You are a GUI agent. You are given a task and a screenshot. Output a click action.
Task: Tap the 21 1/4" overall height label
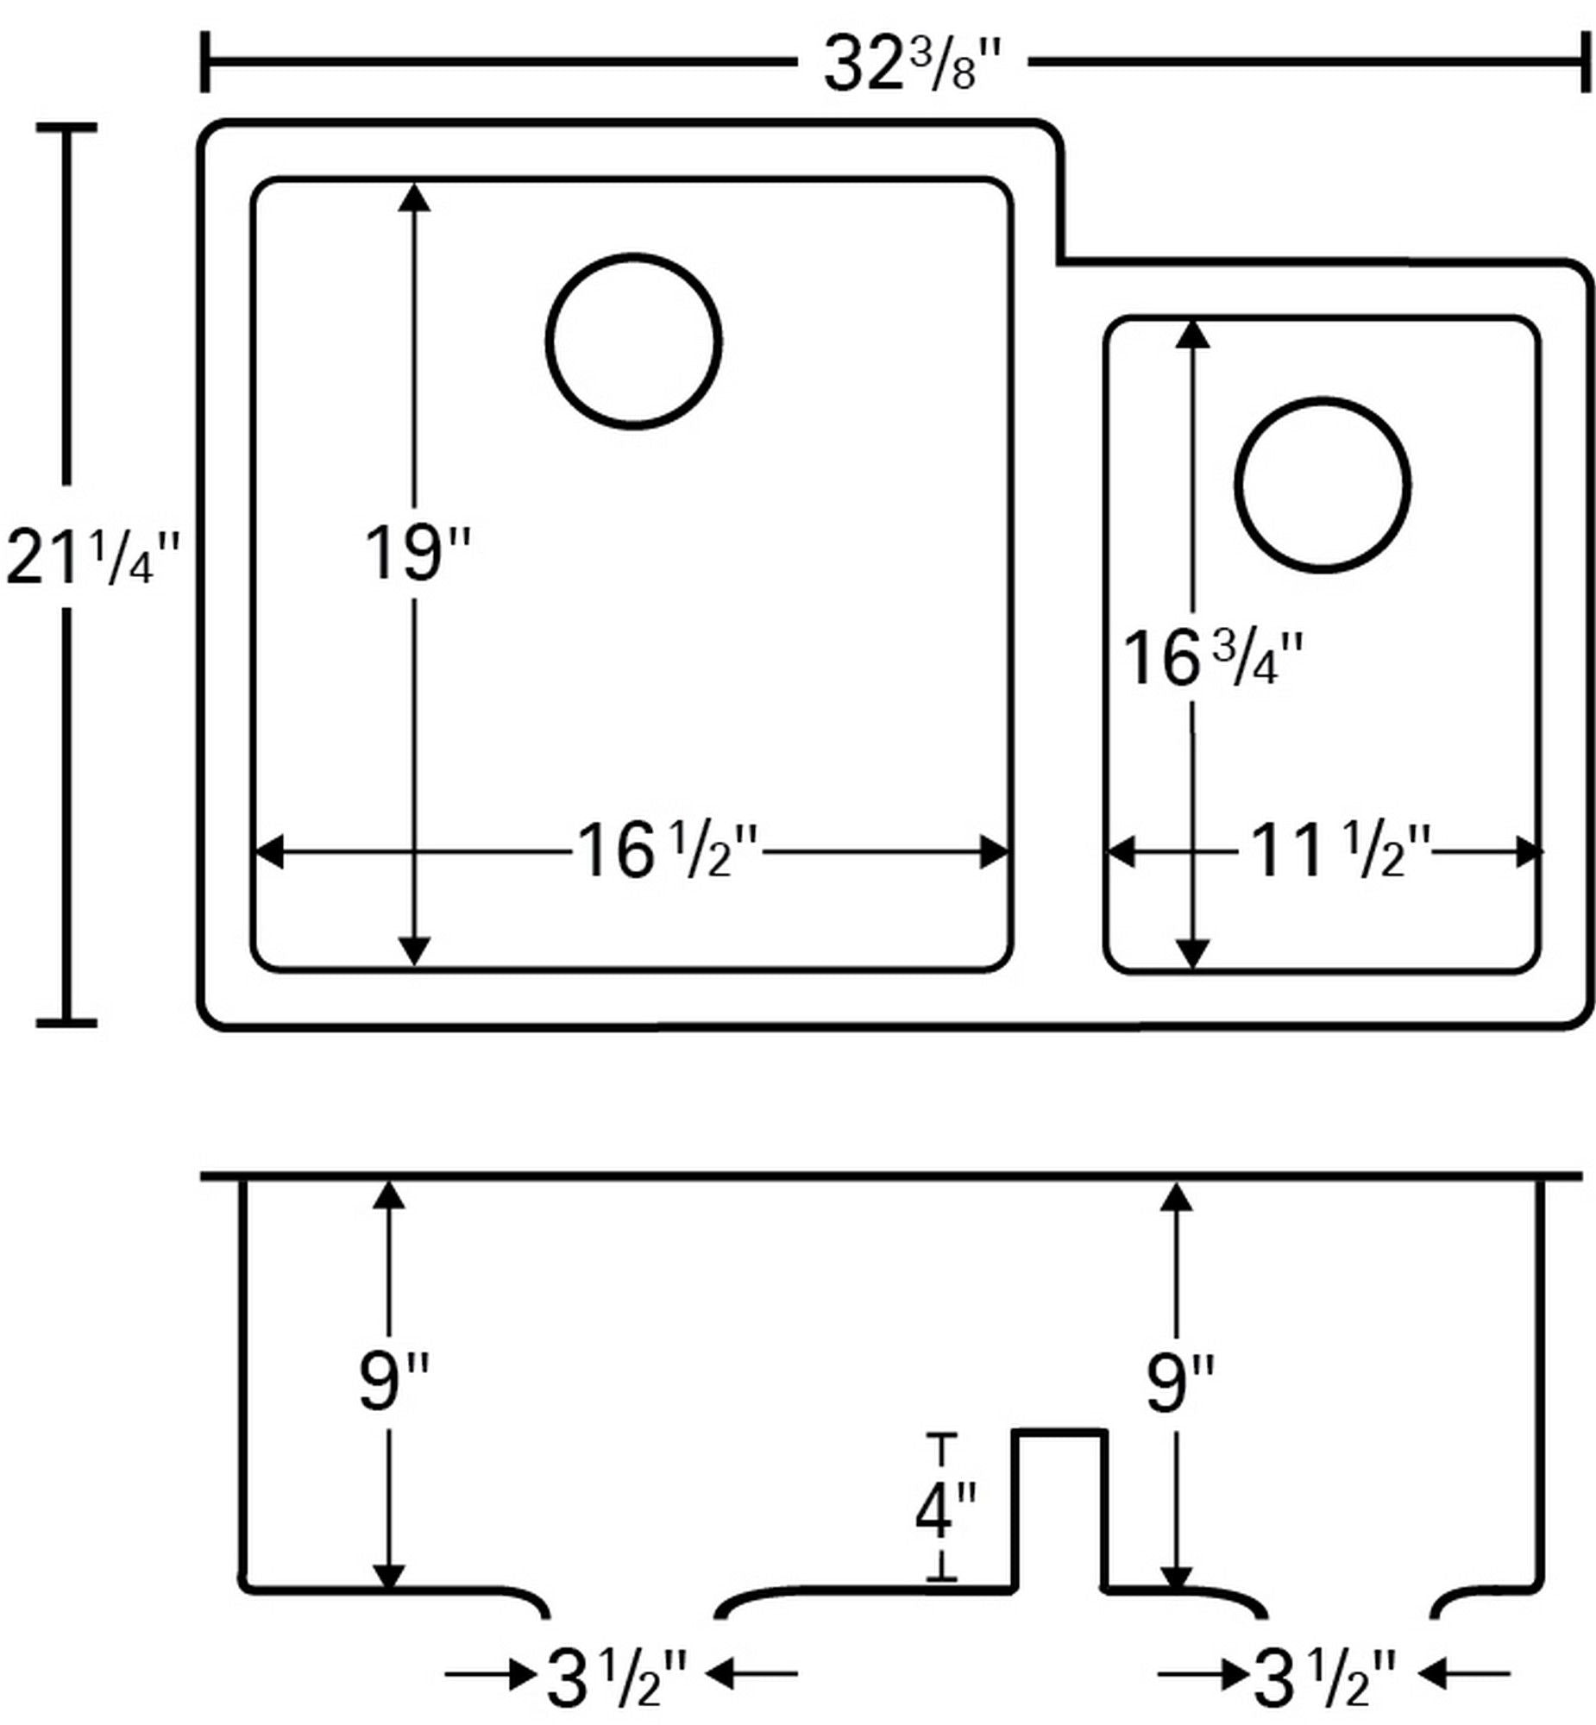coord(93,559)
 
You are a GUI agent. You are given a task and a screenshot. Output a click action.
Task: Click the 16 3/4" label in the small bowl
coord(1212,660)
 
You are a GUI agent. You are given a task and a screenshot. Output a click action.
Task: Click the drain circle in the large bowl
coord(634,341)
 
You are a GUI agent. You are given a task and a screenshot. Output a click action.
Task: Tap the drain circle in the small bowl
coord(1323,485)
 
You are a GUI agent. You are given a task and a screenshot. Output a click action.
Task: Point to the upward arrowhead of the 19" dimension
coord(415,196)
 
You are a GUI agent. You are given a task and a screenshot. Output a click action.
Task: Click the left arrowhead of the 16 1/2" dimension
coord(269,852)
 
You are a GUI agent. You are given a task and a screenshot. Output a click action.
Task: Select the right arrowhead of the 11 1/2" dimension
coord(1530,852)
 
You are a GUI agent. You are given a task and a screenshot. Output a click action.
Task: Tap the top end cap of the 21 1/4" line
coord(66,128)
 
